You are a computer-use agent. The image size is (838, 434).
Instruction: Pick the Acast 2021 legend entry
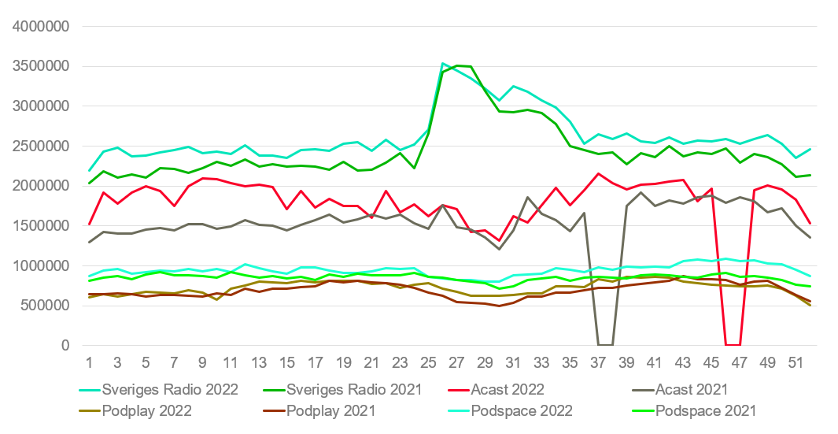point(680,389)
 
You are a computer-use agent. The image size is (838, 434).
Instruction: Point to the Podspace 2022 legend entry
point(522,410)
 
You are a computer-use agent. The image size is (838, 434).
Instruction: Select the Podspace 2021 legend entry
point(706,410)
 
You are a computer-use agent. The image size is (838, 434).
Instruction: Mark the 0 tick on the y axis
point(66,346)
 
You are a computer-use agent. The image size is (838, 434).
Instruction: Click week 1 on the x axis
point(90,363)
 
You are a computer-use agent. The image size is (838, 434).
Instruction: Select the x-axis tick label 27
point(456,363)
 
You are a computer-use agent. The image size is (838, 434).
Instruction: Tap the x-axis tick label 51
point(796,363)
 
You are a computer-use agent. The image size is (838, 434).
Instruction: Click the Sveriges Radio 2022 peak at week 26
point(443,63)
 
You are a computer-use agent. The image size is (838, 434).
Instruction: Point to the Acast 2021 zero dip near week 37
point(605,344)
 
